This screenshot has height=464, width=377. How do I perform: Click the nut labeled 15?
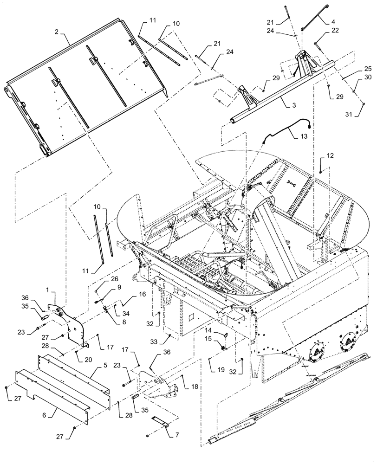[223, 347]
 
